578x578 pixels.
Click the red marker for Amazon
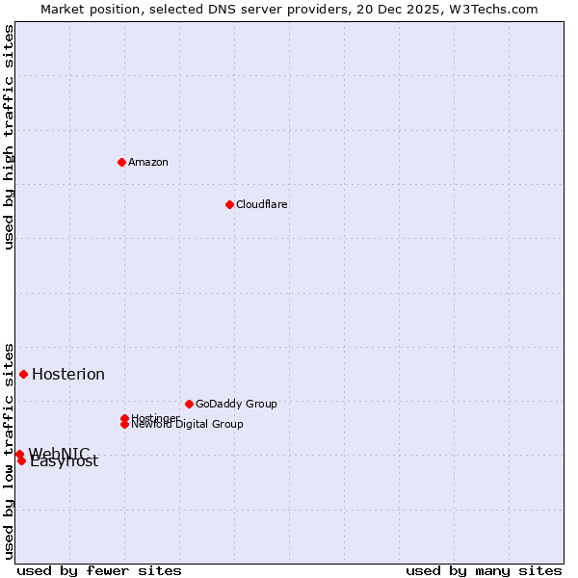(121, 162)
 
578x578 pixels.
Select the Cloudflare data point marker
(229, 204)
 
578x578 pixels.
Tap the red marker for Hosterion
(23, 374)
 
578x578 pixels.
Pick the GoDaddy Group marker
(189, 404)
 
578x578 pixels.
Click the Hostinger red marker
(124, 418)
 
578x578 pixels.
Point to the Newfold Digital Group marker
(125, 425)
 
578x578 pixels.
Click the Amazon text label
(148, 162)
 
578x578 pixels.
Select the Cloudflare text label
(262, 204)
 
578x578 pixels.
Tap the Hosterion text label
(68, 375)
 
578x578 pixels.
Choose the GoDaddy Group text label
(236, 404)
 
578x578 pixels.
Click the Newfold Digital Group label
(188, 425)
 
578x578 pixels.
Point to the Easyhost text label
(66, 462)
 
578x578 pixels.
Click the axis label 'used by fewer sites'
(99, 571)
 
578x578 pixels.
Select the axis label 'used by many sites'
(484, 571)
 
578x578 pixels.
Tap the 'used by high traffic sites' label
(10, 138)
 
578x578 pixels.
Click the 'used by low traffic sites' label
(10, 450)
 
